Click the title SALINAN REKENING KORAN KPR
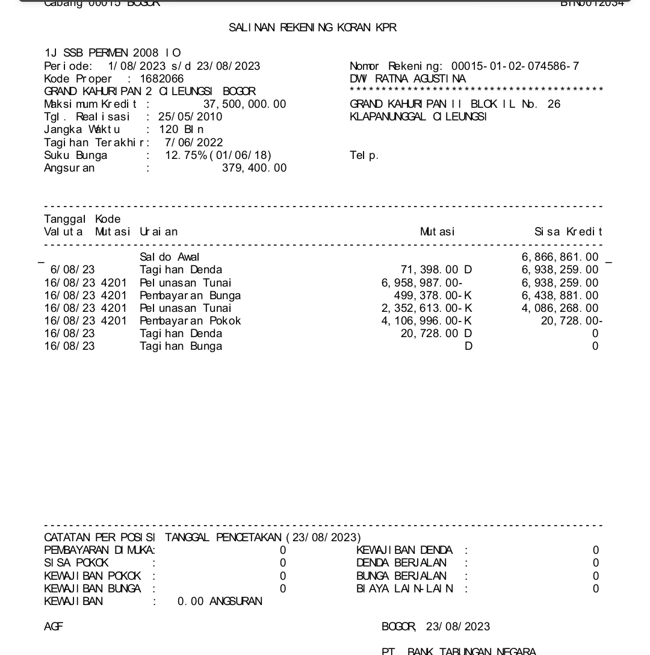point(312,28)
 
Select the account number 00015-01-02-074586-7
point(515,66)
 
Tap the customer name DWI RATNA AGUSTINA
point(407,79)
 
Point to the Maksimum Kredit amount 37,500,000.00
point(244,104)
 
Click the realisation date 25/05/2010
point(190,117)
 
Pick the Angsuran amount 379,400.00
point(254,168)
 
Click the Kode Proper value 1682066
point(162,79)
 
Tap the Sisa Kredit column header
point(568,232)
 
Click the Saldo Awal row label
point(170,258)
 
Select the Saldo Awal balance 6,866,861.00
point(560,258)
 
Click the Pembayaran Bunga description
point(190,296)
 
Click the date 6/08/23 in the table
point(72,270)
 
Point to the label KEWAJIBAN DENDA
point(404,550)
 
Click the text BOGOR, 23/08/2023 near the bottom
point(436,627)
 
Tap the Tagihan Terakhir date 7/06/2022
point(194,143)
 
